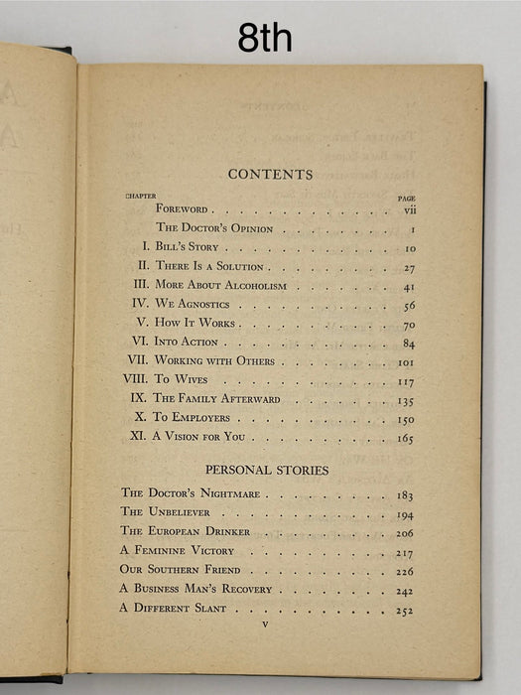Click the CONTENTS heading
(270, 174)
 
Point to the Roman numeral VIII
(134, 379)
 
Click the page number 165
(406, 437)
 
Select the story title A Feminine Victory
(178, 550)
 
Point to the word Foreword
(182, 210)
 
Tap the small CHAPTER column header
(140, 196)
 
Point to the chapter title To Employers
(192, 418)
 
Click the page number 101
(406, 361)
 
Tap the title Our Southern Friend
(181, 570)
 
